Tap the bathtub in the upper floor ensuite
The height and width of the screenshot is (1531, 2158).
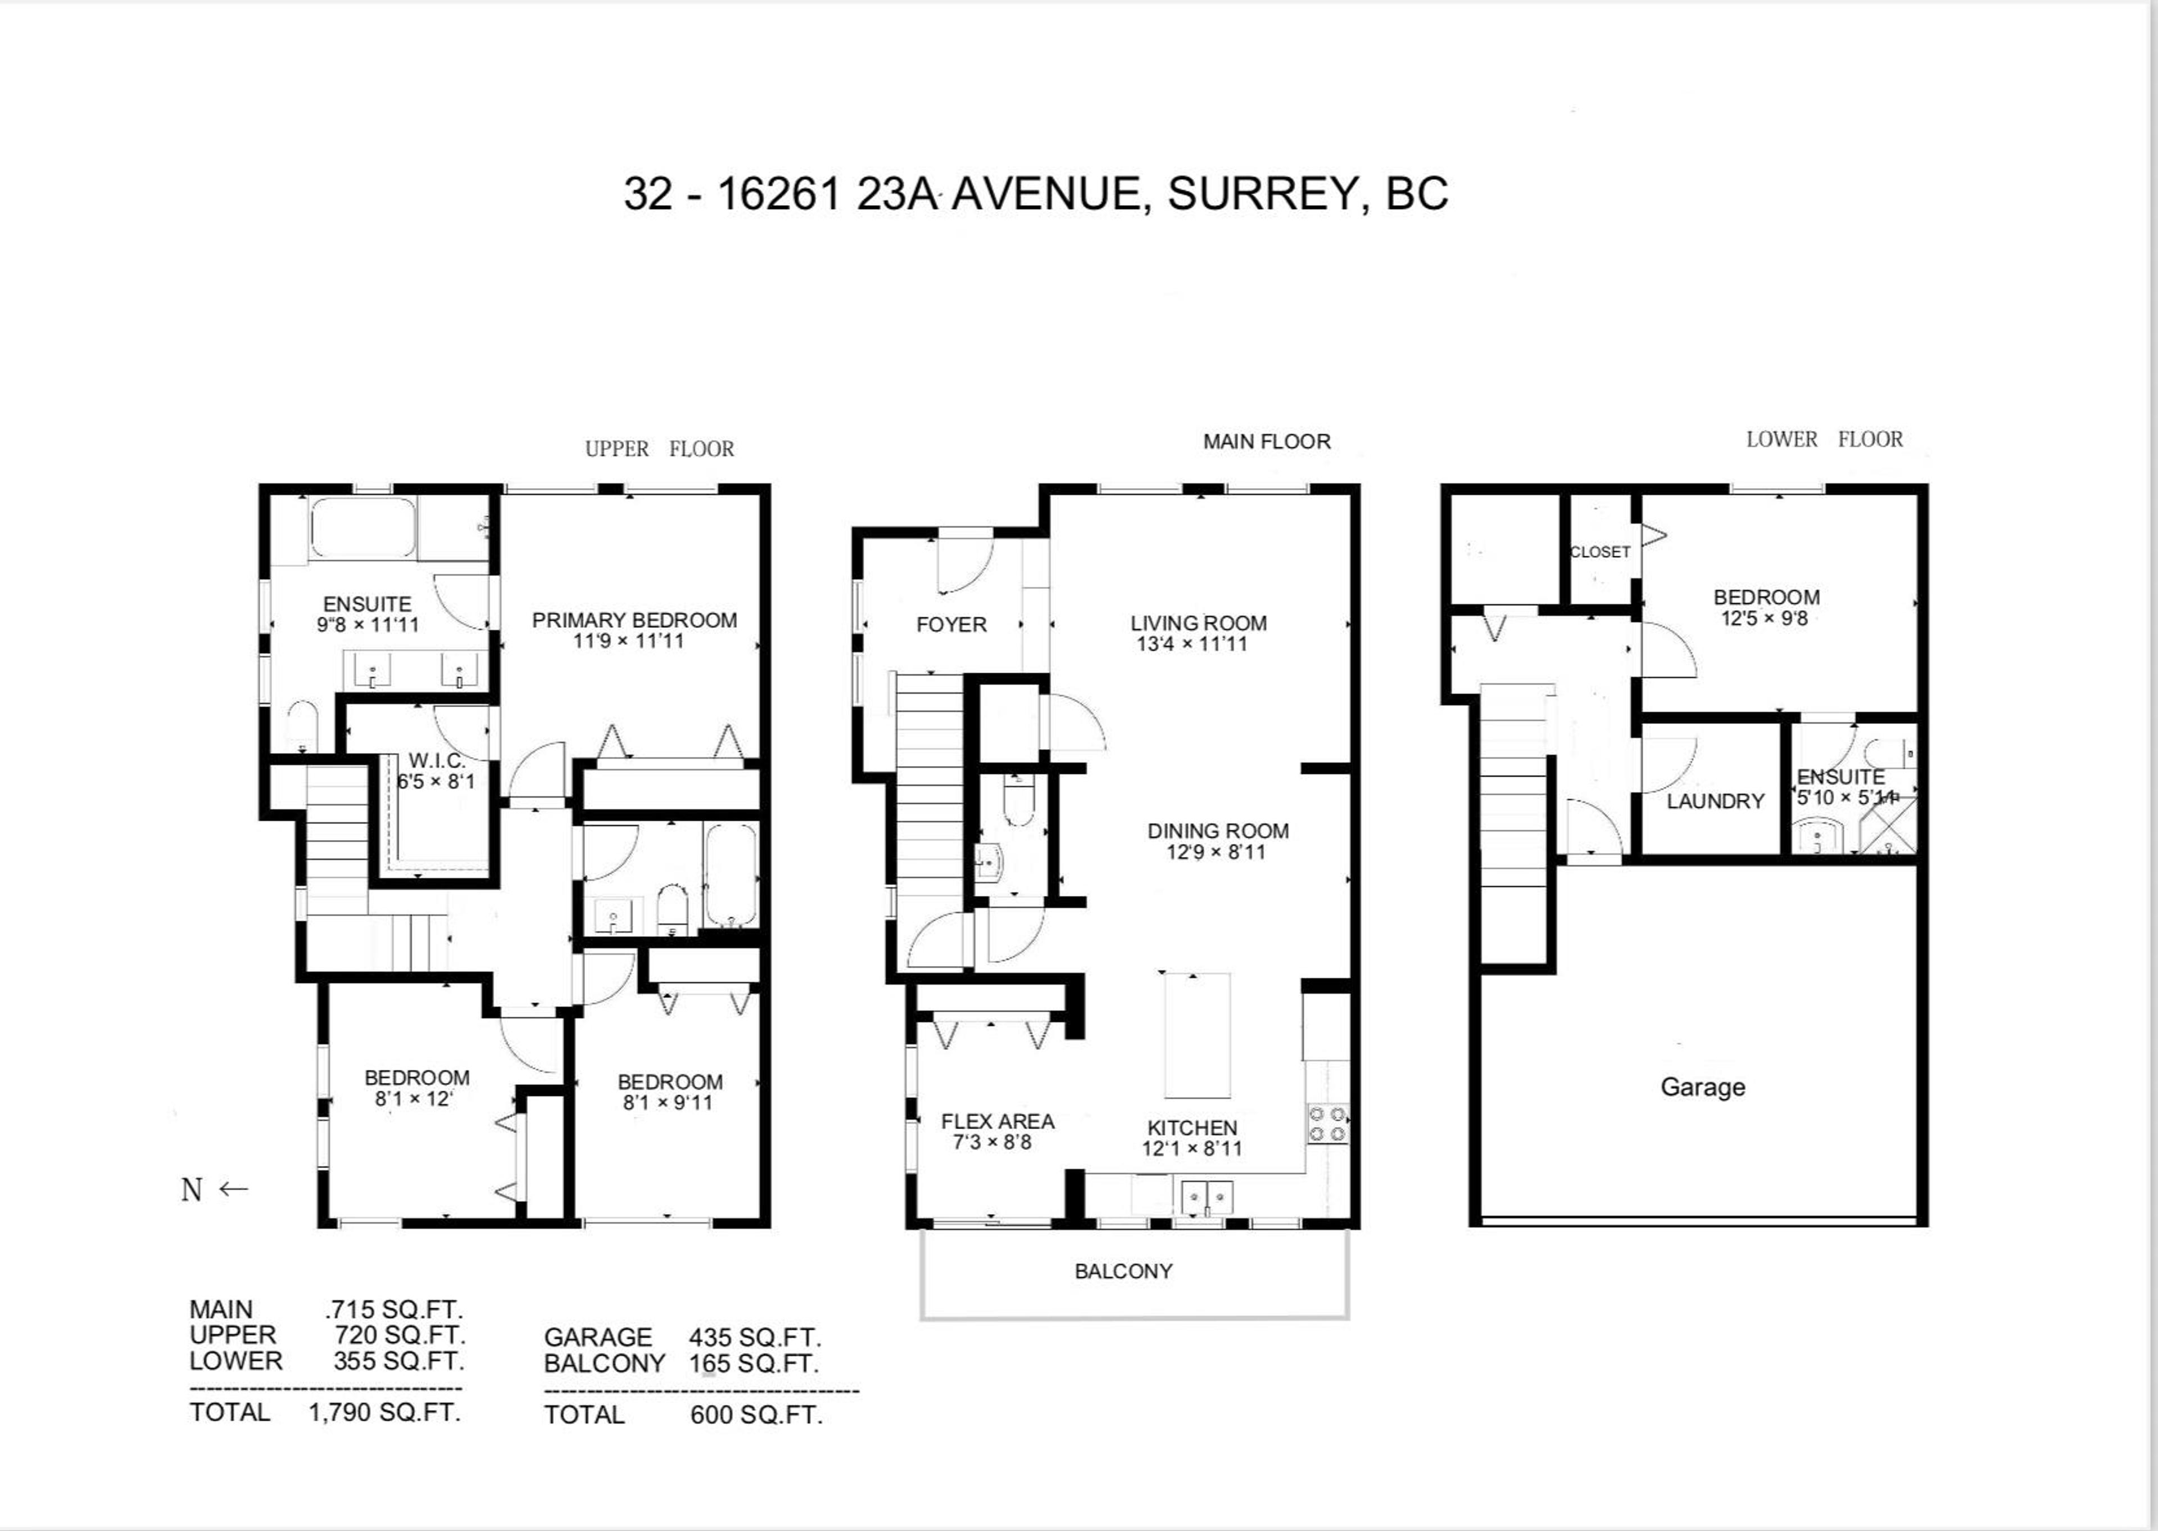[x=363, y=527]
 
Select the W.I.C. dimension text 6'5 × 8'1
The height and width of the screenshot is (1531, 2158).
[x=436, y=782]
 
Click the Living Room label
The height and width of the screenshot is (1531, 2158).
[x=1198, y=623]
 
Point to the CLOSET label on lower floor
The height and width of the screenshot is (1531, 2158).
[x=1599, y=552]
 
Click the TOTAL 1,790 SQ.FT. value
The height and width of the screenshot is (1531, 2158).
[x=384, y=1412]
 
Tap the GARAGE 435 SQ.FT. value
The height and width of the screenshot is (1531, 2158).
[x=754, y=1338]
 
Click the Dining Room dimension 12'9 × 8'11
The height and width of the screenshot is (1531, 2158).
[x=1216, y=852]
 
